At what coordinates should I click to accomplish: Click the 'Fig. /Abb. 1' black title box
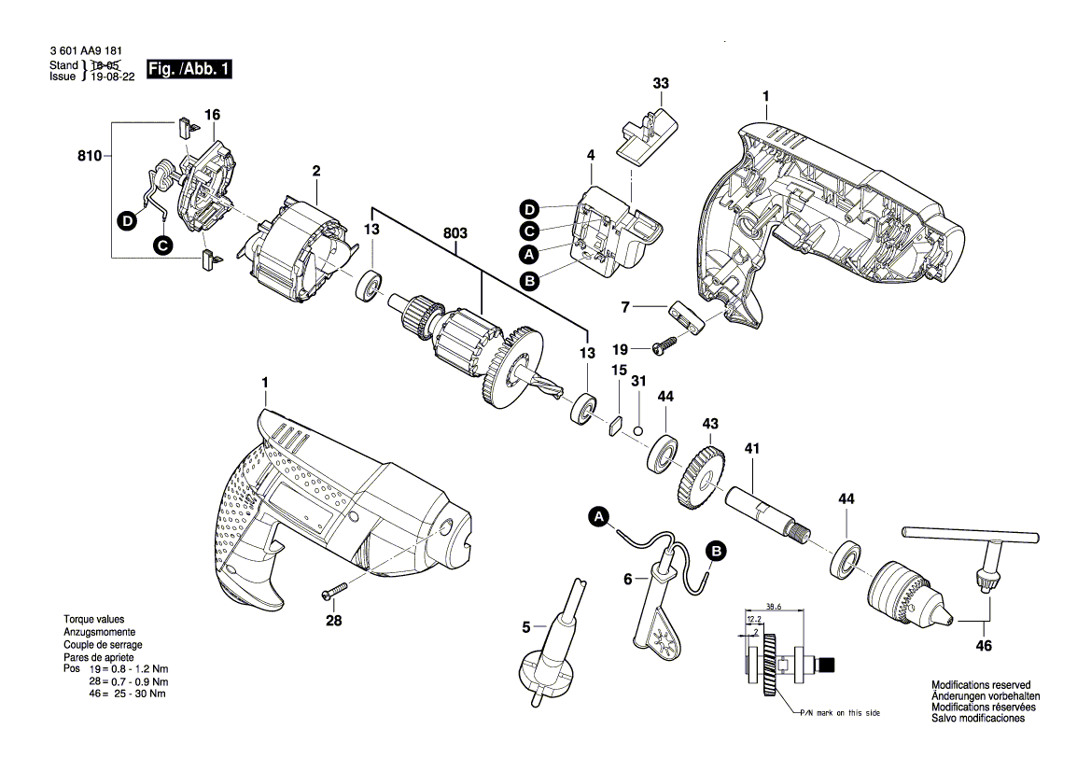188,69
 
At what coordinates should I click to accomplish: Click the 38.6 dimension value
774,605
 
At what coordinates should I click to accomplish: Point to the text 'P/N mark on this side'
839,712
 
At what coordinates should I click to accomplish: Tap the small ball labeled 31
636,429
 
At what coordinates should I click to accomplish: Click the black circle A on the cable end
599,516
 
